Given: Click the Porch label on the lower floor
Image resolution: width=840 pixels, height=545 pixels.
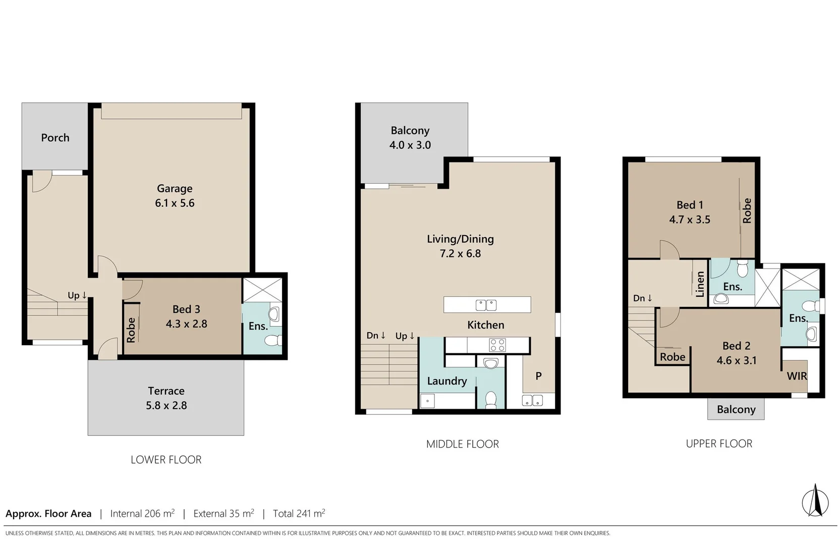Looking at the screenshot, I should tap(55, 138).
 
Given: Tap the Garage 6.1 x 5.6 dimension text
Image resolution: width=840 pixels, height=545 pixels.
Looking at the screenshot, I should tap(175, 203).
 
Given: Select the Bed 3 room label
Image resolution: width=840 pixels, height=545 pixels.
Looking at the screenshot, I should tap(186, 309).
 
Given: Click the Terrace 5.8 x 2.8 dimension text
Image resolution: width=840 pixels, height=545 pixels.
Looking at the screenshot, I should tap(166, 405).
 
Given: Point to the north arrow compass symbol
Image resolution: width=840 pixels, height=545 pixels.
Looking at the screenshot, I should tap(815, 501).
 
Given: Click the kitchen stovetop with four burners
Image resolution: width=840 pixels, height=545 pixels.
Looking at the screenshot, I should tap(497, 345).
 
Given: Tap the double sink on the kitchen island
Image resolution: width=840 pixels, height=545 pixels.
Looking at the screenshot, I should tap(486, 305).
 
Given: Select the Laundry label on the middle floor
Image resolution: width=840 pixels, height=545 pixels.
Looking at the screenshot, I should tap(447, 381).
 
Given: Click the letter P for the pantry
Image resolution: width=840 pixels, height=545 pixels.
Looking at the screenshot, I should tap(538, 376).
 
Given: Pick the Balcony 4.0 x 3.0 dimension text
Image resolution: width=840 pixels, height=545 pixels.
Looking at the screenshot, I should tap(410, 145).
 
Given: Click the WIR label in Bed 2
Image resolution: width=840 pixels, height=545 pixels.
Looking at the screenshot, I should tap(797, 376).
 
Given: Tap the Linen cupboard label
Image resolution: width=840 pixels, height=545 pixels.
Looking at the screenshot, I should tap(700, 284).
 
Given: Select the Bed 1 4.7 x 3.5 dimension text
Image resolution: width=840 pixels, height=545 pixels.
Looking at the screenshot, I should tap(690, 220).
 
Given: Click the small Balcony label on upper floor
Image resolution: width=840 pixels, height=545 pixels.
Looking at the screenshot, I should tap(736, 409).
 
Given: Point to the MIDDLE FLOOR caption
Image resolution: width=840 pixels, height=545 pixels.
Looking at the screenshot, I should tap(462, 444).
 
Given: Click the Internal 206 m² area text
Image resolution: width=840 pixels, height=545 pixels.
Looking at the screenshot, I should tap(142, 514).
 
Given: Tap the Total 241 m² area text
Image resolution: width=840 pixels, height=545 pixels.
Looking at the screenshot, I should tap(299, 514).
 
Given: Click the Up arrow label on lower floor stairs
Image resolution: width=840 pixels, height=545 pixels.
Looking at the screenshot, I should tap(77, 295).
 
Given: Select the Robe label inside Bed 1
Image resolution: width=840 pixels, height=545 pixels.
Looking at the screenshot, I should tap(747, 210).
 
